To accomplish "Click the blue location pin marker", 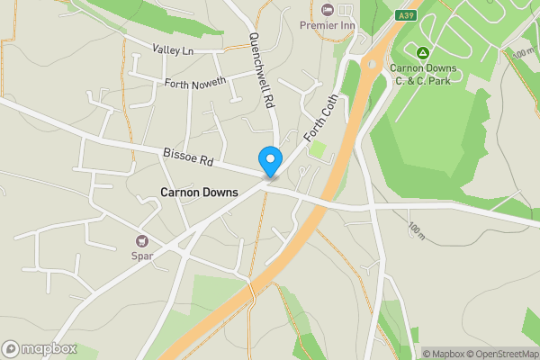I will tap(269, 161).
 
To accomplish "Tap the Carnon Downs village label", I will tap(198, 193).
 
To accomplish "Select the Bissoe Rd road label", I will tap(187, 157).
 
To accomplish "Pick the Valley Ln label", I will tap(173, 51).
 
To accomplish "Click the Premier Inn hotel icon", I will tap(326, 9).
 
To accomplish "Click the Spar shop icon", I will tap(141, 240).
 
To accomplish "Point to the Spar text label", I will tap(142, 256).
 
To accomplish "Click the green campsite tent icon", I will tap(423, 50).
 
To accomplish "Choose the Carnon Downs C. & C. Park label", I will tap(423, 75).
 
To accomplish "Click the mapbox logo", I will tap(40, 349).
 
